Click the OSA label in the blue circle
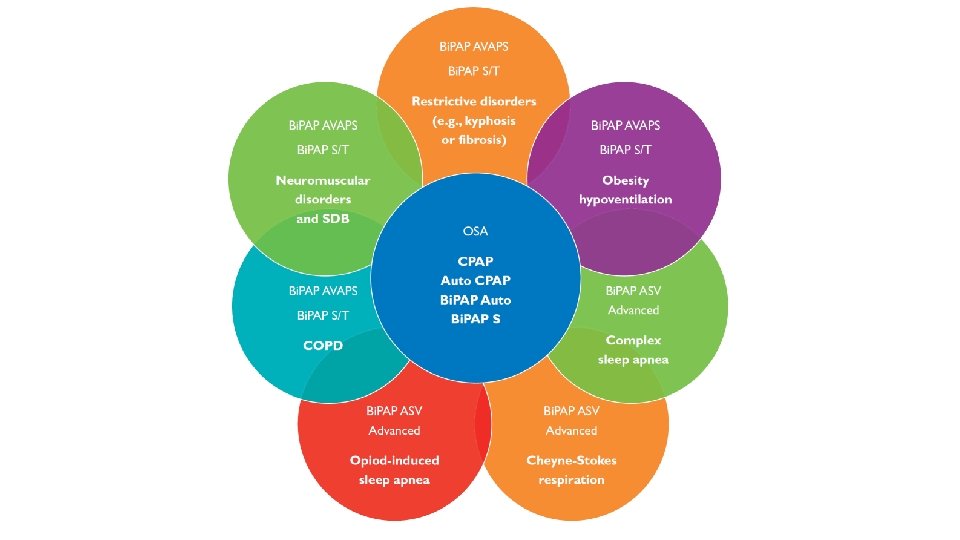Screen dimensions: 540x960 [x=475, y=231]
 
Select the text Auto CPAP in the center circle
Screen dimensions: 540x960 [x=475, y=281]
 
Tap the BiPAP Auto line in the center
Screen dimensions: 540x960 [x=475, y=300]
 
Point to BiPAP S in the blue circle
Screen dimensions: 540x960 [x=475, y=319]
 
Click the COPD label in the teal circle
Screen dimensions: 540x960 [x=322, y=346]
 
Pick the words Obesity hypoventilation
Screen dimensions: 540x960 [x=625, y=190]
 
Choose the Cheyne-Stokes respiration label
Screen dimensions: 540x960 [x=571, y=470]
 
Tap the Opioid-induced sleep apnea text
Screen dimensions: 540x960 [x=394, y=470]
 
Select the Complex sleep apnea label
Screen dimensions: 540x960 [x=633, y=350]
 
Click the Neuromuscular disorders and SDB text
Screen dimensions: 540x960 [x=323, y=199]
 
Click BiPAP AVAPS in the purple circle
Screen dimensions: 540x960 [x=625, y=126]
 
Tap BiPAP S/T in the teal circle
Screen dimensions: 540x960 [x=322, y=316]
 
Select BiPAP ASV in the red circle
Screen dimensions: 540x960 [x=394, y=411]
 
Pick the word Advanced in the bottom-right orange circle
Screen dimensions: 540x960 [x=571, y=431]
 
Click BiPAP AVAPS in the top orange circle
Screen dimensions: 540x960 [x=474, y=47]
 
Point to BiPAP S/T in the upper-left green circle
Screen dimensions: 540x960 [x=322, y=149]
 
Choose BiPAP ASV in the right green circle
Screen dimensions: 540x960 [x=633, y=290]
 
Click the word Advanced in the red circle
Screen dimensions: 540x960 [x=394, y=431]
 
